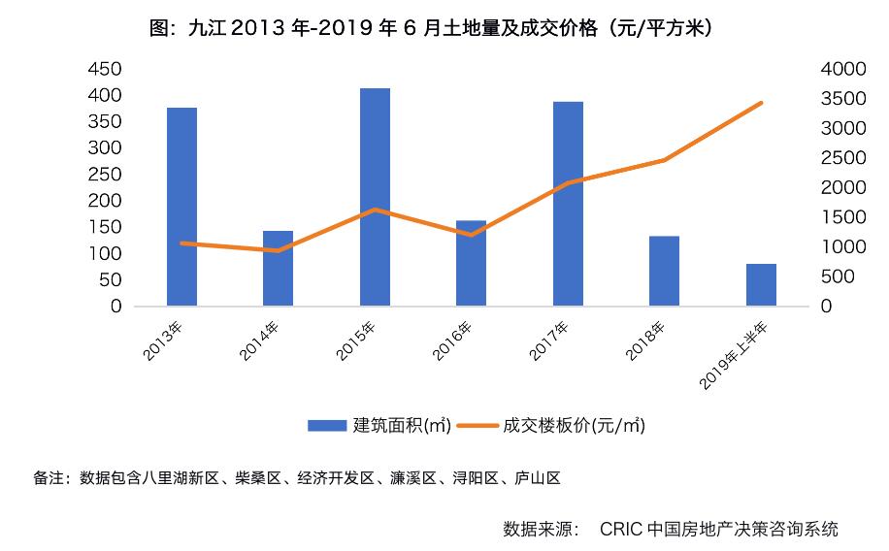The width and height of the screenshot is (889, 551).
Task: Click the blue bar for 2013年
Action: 181,207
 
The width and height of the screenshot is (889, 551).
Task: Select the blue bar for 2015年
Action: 375,197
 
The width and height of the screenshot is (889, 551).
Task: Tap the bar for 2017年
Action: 568,204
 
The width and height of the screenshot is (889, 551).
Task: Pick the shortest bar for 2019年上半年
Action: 761,284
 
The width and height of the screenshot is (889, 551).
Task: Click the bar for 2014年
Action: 278,268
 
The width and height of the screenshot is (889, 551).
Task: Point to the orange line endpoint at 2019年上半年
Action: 761,103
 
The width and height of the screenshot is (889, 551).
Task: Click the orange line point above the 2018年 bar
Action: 664,160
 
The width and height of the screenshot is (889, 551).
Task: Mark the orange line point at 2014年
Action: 278,250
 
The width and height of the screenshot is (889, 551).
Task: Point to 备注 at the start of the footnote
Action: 48,478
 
